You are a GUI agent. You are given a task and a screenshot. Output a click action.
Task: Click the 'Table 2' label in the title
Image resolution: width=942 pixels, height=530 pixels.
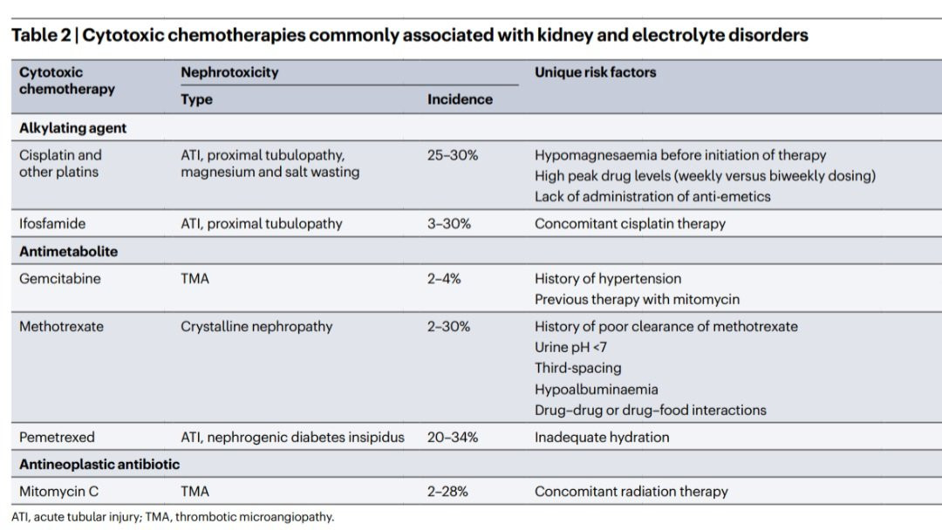click(x=41, y=36)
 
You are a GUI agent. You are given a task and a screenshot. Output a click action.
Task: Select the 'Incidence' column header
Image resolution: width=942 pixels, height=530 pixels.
click(x=460, y=99)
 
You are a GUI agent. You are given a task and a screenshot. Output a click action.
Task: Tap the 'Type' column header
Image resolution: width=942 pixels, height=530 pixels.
click(x=196, y=99)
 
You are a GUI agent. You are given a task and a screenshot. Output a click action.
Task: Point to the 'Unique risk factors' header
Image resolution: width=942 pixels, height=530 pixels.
click(x=595, y=72)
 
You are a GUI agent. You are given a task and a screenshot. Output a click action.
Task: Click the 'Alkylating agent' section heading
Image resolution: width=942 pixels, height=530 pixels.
click(x=72, y=128)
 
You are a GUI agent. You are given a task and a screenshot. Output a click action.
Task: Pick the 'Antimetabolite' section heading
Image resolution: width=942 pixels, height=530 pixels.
click(x=69, y=252)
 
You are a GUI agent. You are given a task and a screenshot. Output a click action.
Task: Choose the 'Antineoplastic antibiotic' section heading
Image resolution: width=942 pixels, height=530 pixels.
click(x=99, y=464)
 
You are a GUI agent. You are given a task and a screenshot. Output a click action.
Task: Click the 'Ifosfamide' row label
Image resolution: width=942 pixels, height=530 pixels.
click(x=52, y=223)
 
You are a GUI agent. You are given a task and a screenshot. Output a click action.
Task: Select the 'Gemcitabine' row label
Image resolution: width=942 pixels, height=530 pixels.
click(x=60, y=278)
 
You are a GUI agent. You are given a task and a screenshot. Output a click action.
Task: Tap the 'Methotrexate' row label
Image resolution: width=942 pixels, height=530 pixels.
click(x=61, y=327)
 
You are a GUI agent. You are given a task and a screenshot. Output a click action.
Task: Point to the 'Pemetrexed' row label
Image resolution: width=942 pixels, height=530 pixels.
click(x=57, y=437)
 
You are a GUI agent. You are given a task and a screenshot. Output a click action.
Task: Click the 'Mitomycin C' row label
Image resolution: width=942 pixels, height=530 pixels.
click(x=59, y=492)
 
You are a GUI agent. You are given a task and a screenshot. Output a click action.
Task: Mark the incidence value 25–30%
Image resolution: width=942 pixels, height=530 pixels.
click(x=453, y=155)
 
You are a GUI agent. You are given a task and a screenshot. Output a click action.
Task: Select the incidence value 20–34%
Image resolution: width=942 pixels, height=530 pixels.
click(x=453, y=437)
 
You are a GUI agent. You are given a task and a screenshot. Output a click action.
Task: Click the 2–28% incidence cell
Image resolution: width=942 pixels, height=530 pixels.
click(x=447, y=492)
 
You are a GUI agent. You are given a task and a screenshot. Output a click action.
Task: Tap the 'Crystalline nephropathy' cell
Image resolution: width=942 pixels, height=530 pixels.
click(x=256, y=327)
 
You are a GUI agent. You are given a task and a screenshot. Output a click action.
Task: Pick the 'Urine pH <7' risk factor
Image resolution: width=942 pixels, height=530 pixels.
click(x=570, y=347)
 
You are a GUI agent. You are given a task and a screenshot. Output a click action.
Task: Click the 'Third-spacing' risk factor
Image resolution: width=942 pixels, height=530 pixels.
click(x=578, y=368)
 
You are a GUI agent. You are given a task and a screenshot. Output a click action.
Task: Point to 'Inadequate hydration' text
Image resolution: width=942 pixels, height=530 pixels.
click(x=602, y=437)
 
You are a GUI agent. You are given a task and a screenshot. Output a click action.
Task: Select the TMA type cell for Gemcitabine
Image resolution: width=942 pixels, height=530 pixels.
click(x=195, y=278)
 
